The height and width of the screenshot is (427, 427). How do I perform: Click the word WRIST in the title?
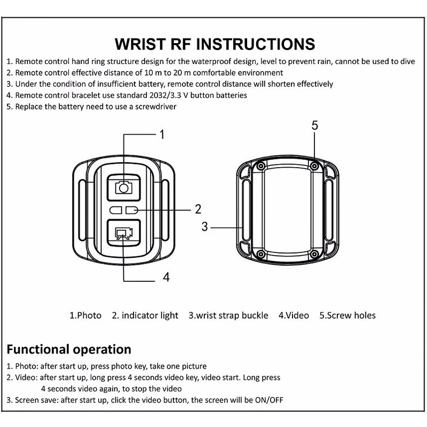click(x=140, y=44)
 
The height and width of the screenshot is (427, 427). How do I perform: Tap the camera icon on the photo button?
click(x=124, y=187)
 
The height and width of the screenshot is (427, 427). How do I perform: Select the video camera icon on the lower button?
click(x=124, y=233)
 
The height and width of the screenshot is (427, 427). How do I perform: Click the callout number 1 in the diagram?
click(x=162, y=135)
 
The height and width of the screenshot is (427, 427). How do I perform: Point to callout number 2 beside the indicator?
click(x=198, y=209)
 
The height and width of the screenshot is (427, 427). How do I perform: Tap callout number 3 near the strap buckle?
click(x=204, y=226)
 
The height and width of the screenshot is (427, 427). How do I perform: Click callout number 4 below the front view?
click(x=166, y=277)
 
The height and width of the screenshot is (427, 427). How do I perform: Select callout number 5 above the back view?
click(x=314, y=125)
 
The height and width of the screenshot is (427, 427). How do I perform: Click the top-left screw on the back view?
click(x=261, y=166)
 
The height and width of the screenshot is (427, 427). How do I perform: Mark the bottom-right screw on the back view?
click(x=314, y=255)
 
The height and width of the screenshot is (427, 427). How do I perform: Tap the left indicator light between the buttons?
click(x=116, y=210)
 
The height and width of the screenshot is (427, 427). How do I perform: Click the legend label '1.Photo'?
click(x=85, y=315)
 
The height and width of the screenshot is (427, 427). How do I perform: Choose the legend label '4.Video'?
click(x=294, y=315)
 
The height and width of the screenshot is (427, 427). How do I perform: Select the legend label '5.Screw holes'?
click(x=347, y=315)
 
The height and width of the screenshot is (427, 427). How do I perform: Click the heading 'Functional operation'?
click(x=69, y=350)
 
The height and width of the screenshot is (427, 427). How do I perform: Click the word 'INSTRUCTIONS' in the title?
click(x=256, y=44)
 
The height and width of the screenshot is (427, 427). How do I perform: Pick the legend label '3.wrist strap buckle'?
click(x=228, y=315)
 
